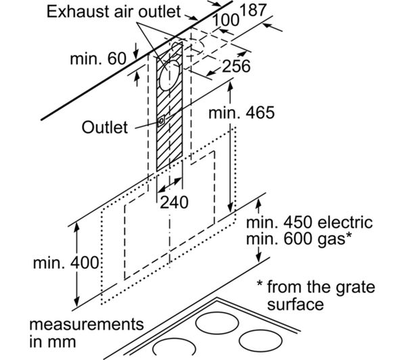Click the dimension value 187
coord(253,11)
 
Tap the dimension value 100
coord(226,20)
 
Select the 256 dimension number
coord(236,66)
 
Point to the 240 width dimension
coord(174,202)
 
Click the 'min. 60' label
coord(98,58)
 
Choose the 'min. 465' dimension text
coord(242,112)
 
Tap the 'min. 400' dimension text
coord(66,263)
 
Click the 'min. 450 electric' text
coord(309,222)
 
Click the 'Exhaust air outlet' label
coord(114,12)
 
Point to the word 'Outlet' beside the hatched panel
coord(105,127)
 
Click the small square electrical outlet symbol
coord(161,121)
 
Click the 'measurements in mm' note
coord(86,332)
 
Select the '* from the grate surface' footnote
coord(316,295)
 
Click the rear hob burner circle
coord(217,323)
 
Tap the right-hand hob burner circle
coord(261,340)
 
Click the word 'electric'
coord(345,222)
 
